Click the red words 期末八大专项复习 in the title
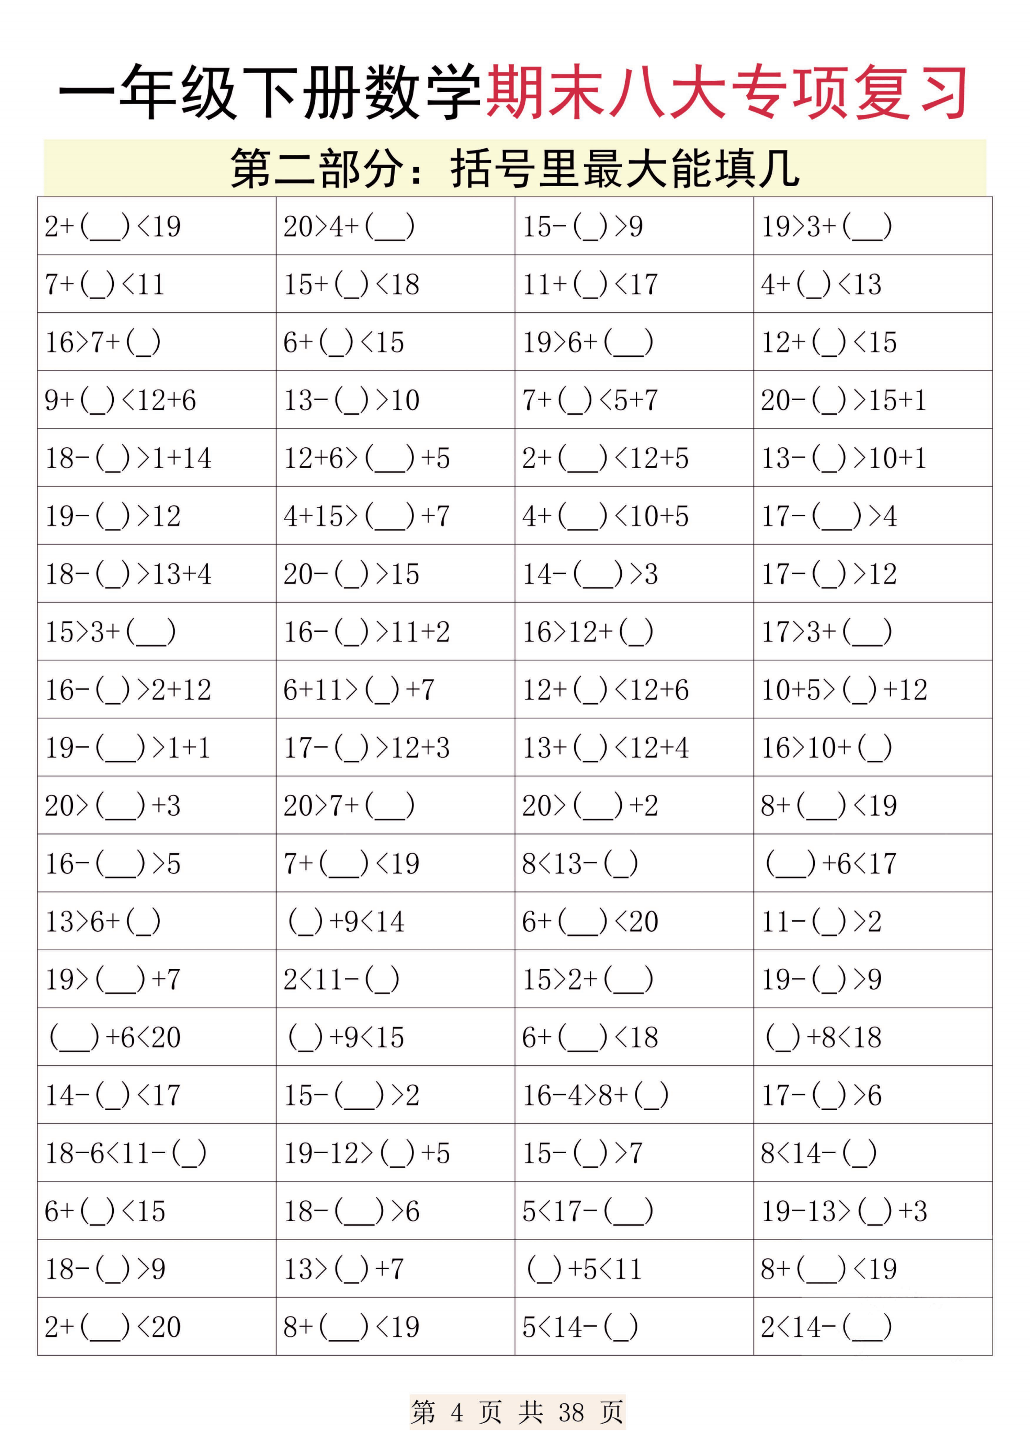click(726, 93)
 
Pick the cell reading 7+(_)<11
click(105, 284)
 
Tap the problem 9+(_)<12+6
click(120, 400)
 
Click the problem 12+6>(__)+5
click(366, 458)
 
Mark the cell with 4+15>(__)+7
click(366, 516)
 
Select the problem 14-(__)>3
click(590, 574)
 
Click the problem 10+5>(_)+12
click(844, 690)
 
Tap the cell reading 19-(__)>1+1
click(127, 748)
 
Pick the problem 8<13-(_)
click(579, 863)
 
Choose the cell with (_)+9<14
click(346, 921)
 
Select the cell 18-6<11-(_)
click(125, 1153)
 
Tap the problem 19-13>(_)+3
click(844, 1211)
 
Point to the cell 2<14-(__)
click(825, 1327)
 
